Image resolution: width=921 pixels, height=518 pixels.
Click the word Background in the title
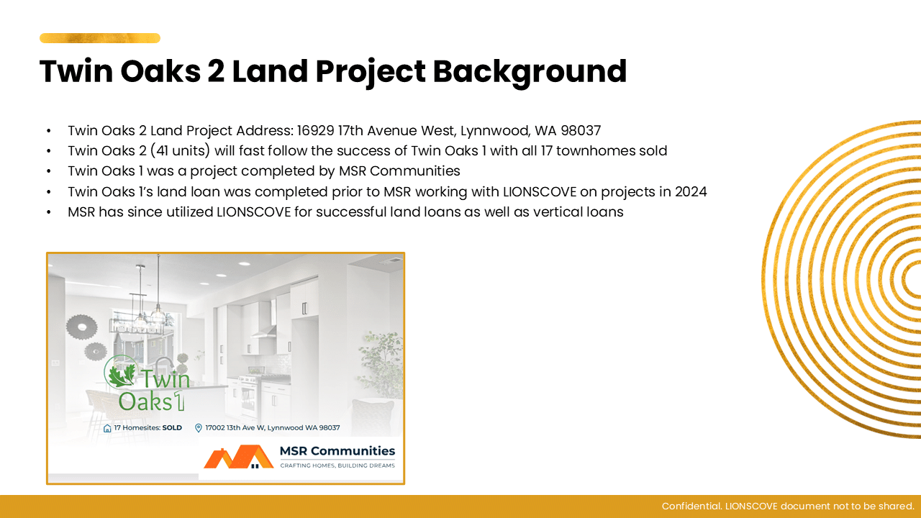[x=530, y=72]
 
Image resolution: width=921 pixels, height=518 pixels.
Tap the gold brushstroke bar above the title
[x=100, y=38]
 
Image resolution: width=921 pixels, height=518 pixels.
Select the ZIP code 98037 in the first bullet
[x=581, y=131]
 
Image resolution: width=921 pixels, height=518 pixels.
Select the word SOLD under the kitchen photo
[x=172, y=428]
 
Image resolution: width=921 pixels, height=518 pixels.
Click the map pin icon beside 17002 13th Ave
[x=198, y=428]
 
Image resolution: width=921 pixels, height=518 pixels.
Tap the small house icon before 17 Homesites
[x=107, y=428]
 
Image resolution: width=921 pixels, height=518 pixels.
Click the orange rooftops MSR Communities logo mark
[x=238, y=457]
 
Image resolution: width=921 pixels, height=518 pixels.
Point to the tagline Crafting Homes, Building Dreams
[x=337, y=465]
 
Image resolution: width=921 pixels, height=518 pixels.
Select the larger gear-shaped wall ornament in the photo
[x=82, y=327]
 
